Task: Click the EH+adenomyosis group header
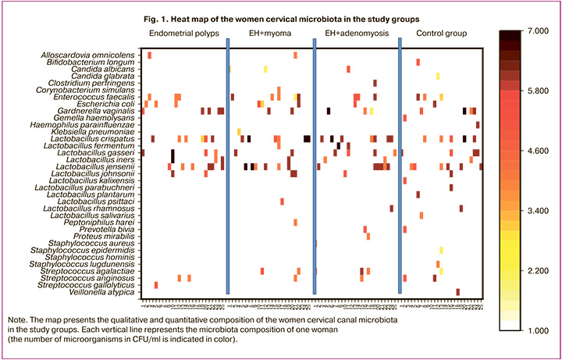point(355,34)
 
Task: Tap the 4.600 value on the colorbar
point(539,150)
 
